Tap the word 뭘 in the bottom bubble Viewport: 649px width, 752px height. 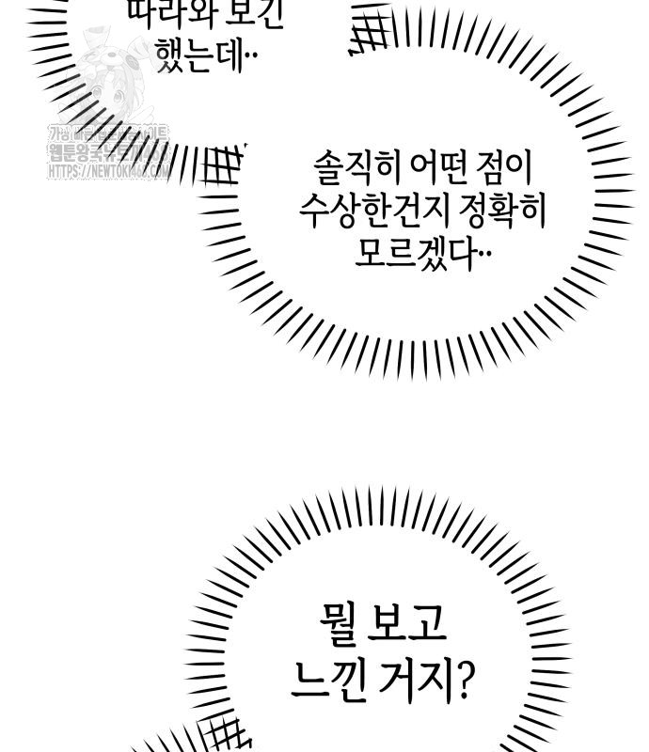point(337,624)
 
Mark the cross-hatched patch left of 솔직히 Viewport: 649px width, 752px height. point(222,167)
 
